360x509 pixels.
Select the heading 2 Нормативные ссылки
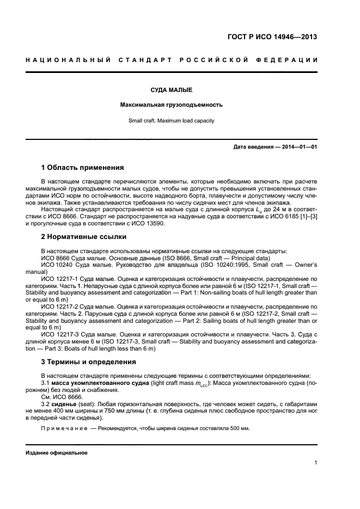tap(84, 237)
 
